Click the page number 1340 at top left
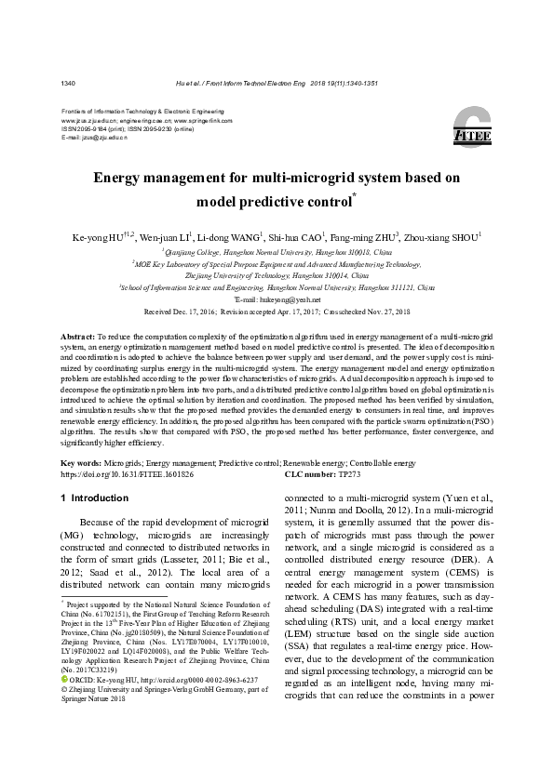coord(68,83)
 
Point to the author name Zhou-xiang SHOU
coord(455,238)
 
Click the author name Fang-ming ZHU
coord(371,238)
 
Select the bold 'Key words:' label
coord(81,463)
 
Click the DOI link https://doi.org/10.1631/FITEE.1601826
coord(128,473)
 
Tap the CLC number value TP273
coord(350,473)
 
